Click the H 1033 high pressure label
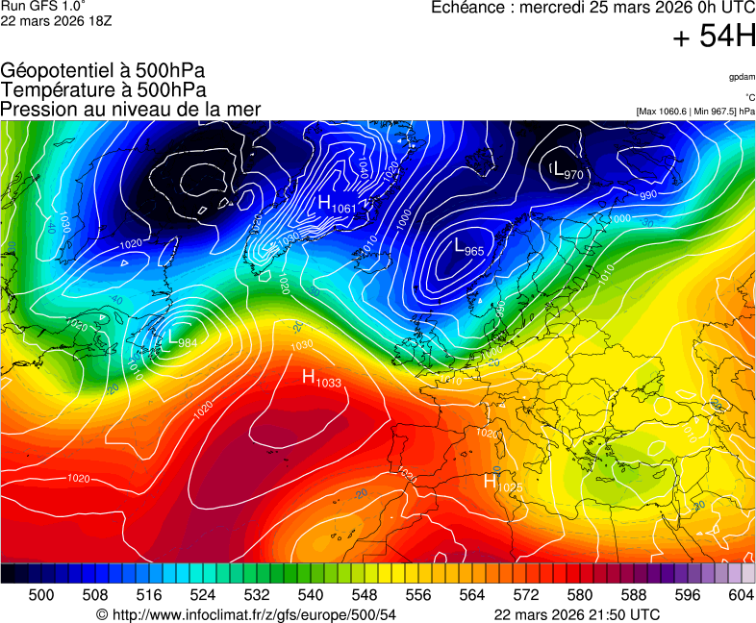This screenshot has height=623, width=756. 321,378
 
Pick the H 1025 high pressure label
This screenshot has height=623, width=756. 502,483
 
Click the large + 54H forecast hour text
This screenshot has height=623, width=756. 714,37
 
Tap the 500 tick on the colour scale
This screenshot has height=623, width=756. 41,595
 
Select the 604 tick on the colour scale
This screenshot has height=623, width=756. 742,595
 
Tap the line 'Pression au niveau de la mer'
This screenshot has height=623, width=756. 131,109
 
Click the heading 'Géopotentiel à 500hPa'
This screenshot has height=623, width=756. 103,71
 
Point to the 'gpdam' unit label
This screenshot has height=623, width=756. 742,77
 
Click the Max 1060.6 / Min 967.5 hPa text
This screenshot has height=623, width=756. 695,112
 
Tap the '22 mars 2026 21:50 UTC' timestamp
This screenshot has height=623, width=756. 576,614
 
